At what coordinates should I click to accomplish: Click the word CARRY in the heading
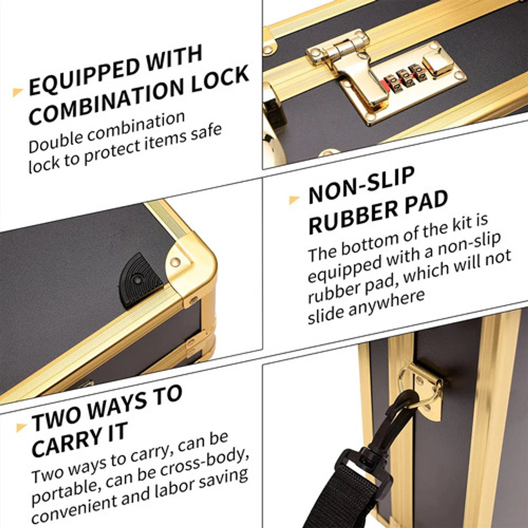66,441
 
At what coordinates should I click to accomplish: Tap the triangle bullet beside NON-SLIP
294,200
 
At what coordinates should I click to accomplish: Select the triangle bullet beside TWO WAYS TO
21,427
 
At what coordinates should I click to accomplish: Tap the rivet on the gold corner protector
176,262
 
